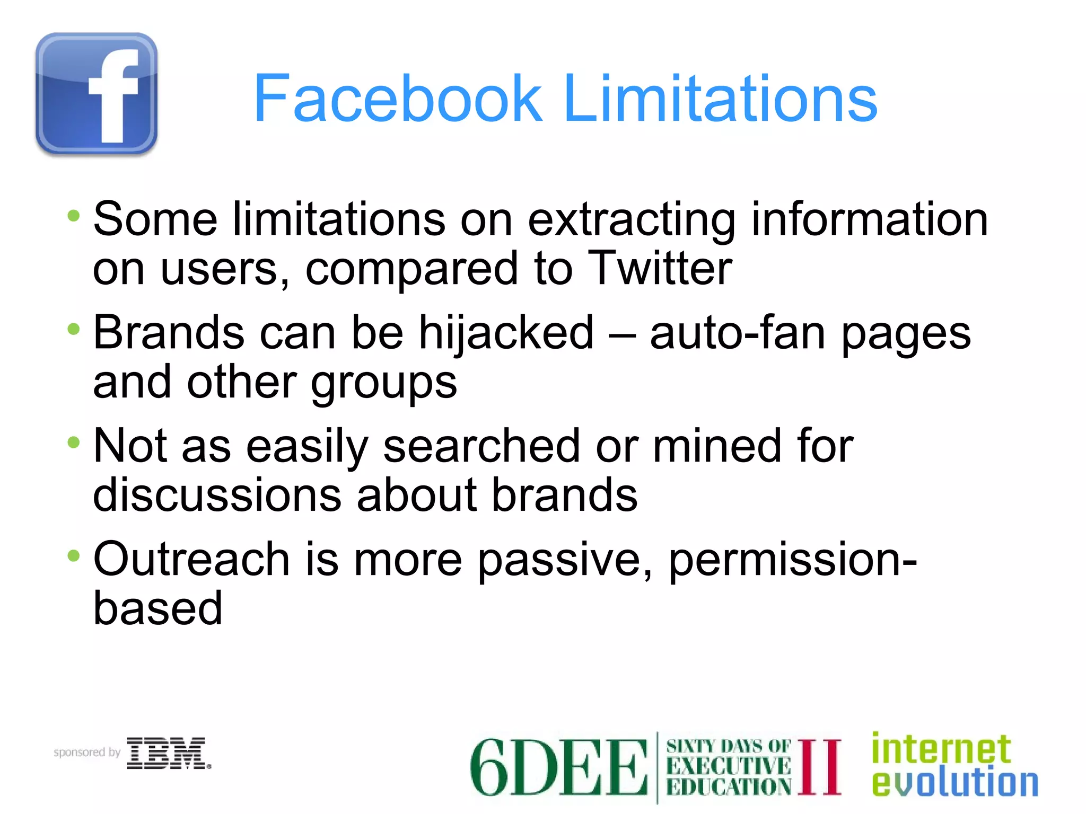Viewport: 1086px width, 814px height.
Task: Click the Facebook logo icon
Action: pyautogui.click(x=97, y=94)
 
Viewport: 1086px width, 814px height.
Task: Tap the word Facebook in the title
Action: pyautogui.click(x=398, y=99)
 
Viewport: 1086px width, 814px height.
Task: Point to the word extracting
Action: pyautogui.click(x=632, y=220)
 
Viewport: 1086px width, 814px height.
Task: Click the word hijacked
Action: pyautogui.click(x=506, y=334)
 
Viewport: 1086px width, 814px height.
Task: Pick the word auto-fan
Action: pyautogui.click(x=738, y=333)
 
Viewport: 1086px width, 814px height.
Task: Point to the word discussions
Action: pyautogui.click(x=217, y=495)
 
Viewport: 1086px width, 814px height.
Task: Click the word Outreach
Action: pyautogui.click(x=191, y=560)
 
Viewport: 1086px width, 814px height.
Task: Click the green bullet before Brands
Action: pyautogui.click(x=74, y=330)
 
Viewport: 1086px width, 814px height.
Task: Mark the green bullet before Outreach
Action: pyautogui.click(x=74, y=556)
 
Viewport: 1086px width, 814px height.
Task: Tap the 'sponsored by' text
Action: pyautogui.click(x=87, y=753)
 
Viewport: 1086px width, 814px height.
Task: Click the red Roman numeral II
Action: pyautogui.click(x=819, y=767)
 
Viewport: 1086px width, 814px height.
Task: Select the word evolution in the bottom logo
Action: pyautogui.click(x=955, y=783)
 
